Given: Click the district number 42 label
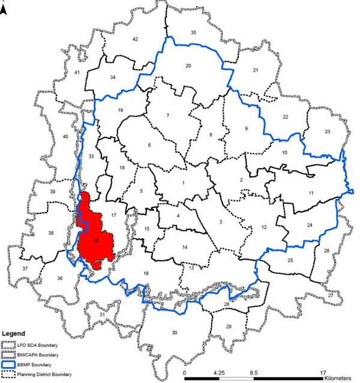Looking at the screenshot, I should click(136, 39).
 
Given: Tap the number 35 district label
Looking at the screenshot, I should click(193, 32).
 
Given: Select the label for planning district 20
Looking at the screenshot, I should click(188, 65).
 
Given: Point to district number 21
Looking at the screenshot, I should click(255, 71).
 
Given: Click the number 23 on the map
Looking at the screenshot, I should click(327, 132).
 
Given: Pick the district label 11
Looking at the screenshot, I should click(311, 193).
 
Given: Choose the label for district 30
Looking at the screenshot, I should click(175, 333).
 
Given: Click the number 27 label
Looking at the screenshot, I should click(331, 296).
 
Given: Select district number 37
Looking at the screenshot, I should click(25, 269).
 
